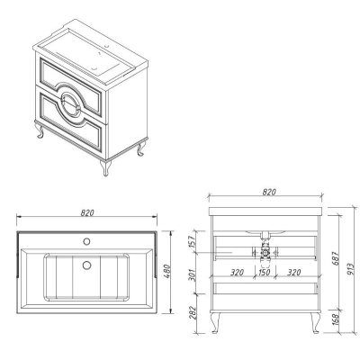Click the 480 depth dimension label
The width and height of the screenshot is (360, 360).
pyautogui.click(x=167, y=271)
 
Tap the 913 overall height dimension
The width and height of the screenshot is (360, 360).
pyautogui.click(x=350, y=270)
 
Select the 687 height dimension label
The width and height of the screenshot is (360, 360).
pyautogui.click(x=336, y=258)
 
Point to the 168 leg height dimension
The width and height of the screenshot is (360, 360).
pyautogui.click(x=336, y=319)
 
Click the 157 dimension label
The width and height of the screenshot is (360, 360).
pyautogui.click(x=193, y=241)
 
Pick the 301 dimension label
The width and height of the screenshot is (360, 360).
pyautogui.click(x=193, y=275)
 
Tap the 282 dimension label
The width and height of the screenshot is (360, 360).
pyautogui.click(x=193, y=313)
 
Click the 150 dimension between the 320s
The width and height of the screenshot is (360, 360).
pyautogui.click(x=264, y=273)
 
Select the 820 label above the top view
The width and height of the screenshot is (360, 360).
pyautogui.click(x=87, y=212)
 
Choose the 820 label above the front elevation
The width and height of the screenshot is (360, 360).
pyautogui.click(x=269, y=192)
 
